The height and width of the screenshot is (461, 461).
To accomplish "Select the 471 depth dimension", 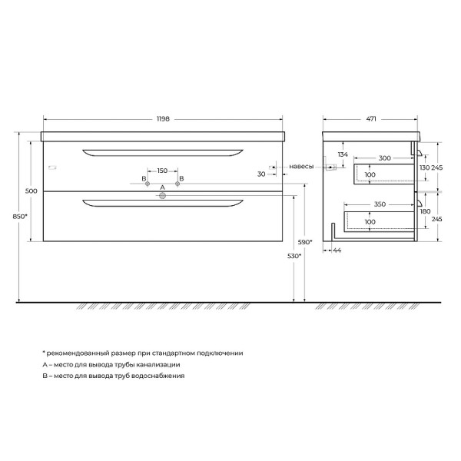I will pyautogui.click(x=371, y=118).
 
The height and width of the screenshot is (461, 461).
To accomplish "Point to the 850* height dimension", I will pyautogui.click(x=21, y=217).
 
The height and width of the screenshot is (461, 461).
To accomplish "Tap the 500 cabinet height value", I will pyautogui.click(x=32, y=190).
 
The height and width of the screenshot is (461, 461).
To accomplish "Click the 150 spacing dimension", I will pyautogui.click(x=161, y=171).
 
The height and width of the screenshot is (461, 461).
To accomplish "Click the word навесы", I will pyautogui.click(x=301, y=166).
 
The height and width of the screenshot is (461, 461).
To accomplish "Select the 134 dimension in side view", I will pyautogui.click(x=343, y=154).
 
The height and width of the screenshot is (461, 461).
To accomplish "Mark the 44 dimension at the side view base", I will pyautogui.click(x=337, y=250).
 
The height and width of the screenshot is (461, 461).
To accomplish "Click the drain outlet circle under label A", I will pyautogui.click(x=162, y=196).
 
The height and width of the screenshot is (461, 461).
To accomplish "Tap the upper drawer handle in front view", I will pyautogui.click(x=162, y=150).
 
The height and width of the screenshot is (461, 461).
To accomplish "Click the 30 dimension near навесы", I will pyautogui.click(x=263, y=174).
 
